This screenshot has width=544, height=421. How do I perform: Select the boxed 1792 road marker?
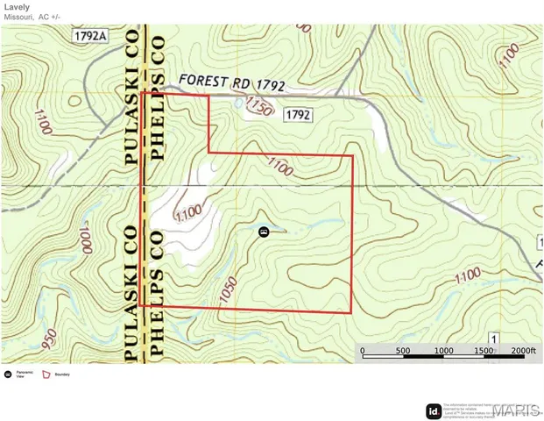299,114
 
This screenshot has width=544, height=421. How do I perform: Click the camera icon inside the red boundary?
263,232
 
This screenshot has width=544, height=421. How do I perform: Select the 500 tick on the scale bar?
402,351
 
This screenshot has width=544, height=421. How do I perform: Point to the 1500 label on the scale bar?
484,351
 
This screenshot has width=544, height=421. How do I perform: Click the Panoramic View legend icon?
8,374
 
